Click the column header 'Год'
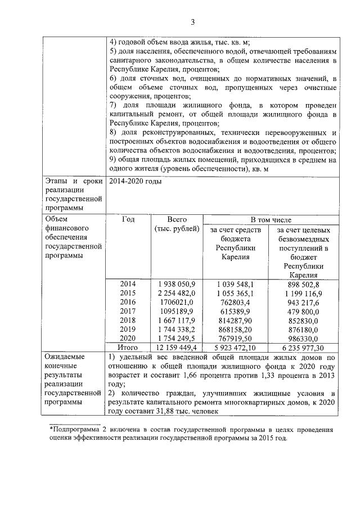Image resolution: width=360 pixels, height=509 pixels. pos(128,220)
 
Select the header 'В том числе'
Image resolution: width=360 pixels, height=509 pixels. pos(271,219)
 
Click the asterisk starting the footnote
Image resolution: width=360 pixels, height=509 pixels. pos(51,429)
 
